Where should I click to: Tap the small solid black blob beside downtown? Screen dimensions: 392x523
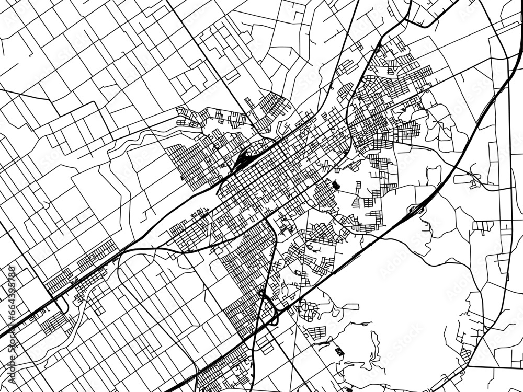[x=335, y=185]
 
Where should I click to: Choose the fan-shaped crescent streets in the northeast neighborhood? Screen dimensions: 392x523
[x=366, y=84]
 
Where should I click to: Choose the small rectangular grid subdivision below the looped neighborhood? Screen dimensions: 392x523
[x=316, y=332]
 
